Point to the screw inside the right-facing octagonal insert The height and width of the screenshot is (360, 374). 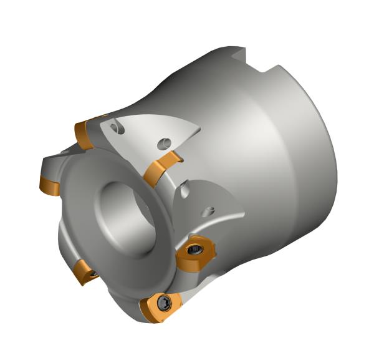(x=194, y=252)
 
